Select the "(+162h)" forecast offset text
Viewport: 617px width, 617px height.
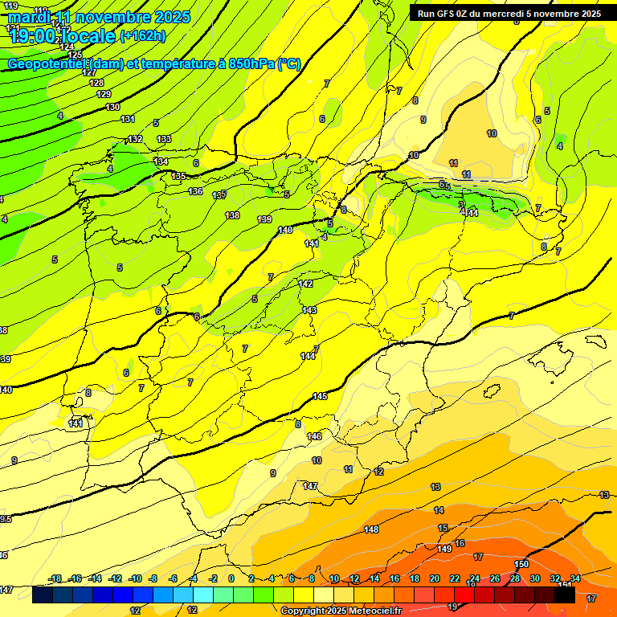[143, 35]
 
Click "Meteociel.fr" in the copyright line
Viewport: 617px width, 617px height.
[370, 611]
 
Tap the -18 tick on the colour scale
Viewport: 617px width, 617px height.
[55, 578]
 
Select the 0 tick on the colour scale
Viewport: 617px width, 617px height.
[231, 578]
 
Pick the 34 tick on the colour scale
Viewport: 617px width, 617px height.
[575, 578]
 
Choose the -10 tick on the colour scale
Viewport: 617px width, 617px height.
[135, 578]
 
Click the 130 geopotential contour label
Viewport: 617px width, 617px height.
[112, 107]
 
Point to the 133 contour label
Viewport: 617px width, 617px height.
[164, 139]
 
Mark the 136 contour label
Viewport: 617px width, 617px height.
[195, 191]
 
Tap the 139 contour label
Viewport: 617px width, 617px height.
[264, 219]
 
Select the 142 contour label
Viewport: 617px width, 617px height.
[305, 284]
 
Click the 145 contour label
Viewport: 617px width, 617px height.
[320, 396]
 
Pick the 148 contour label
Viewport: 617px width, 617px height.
[371, 529]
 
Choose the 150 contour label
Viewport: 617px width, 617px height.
[521, 564]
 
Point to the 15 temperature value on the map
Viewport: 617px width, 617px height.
[443, 528]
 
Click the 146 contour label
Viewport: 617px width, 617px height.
[314, 436]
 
